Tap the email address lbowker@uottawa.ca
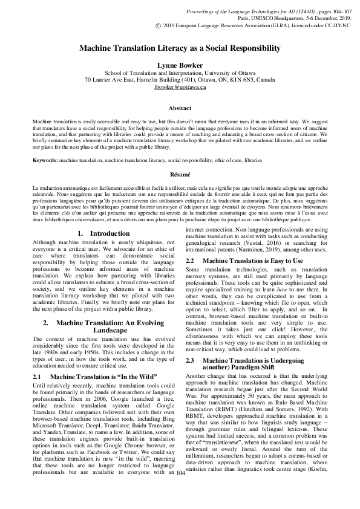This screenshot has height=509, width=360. pos(180,87)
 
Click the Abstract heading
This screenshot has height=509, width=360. pos(180,108)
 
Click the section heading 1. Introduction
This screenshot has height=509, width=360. pos(100,233)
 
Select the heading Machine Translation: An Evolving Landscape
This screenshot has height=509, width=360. pos(100,327)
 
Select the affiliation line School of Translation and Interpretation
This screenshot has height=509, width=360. pos(180,71)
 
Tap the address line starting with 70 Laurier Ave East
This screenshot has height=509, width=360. pos(180,79)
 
